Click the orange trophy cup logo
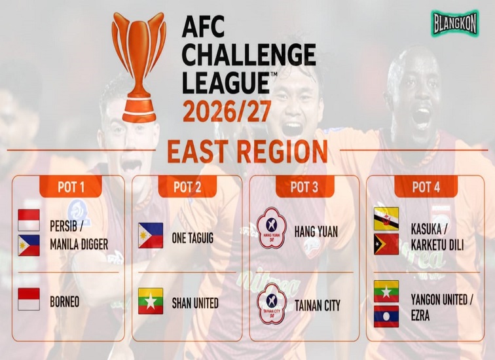139,67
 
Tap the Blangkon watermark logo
455,23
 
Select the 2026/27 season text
227,111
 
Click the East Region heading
247,151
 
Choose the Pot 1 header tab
71,187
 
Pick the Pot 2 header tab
187,187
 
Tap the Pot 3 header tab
304,187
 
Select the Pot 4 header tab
426,187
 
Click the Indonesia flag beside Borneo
29,298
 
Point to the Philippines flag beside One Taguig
151,236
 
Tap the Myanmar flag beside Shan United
151,300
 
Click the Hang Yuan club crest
272,228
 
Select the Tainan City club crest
272,304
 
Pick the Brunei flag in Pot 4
386,219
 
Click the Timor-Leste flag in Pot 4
386,244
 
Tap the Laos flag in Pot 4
386,316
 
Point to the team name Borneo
65,302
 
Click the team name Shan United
195,303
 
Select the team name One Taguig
192,238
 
